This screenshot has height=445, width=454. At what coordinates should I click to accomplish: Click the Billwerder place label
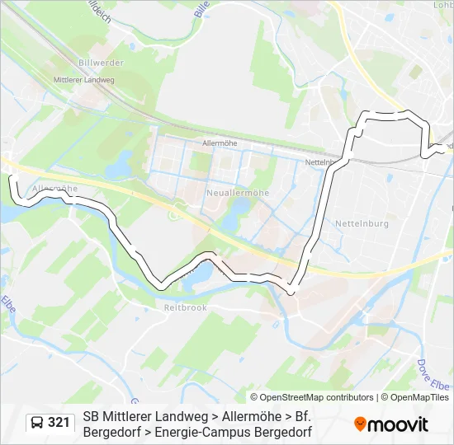[x=101, y=63]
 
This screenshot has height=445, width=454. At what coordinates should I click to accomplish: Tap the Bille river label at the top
[x=201, y=10]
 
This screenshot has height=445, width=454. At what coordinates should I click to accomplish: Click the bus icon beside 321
[x=37, y=423]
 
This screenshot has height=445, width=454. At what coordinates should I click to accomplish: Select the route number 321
[x=59, y=423]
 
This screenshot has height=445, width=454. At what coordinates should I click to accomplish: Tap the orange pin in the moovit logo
[x=360, y=424]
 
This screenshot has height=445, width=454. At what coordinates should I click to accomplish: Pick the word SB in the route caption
[x=92, y=417]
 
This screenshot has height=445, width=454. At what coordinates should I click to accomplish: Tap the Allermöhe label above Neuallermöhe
[x=219, y=143]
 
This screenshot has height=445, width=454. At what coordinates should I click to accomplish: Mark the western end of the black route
[x=11, y=176]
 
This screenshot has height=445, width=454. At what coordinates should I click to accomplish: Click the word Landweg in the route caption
[x=185, y=417]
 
